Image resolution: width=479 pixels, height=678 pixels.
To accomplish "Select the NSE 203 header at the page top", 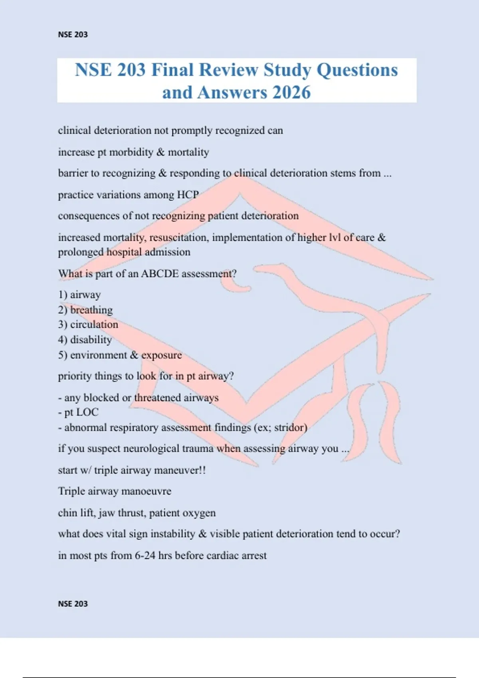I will pyautogui.click(x=73, y=35).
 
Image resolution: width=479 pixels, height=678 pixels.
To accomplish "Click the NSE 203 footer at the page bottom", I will pyautogui.click(x=73, y=604).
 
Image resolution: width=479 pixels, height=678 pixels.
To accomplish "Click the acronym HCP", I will pyautogui.click(x=188, y=195).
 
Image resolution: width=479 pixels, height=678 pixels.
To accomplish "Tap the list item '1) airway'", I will pyautogui.click(x=79, y=295).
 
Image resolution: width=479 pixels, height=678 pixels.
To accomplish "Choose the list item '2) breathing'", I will pyautogui.click(x=85, y=310).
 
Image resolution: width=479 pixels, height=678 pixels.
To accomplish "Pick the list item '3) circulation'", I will pyautogui.click(x=88, y=325).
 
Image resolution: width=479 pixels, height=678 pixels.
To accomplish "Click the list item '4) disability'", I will pyautogui.click(x=85, y=340).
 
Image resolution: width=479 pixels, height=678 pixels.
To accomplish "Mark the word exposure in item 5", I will pyautogui.click(x=161, y=355).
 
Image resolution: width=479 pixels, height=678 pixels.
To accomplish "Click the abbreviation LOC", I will pyautogui.click(x=87, y=412).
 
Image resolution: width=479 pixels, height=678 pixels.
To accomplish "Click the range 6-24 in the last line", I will pyautogui.click(x=145, y=556).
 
